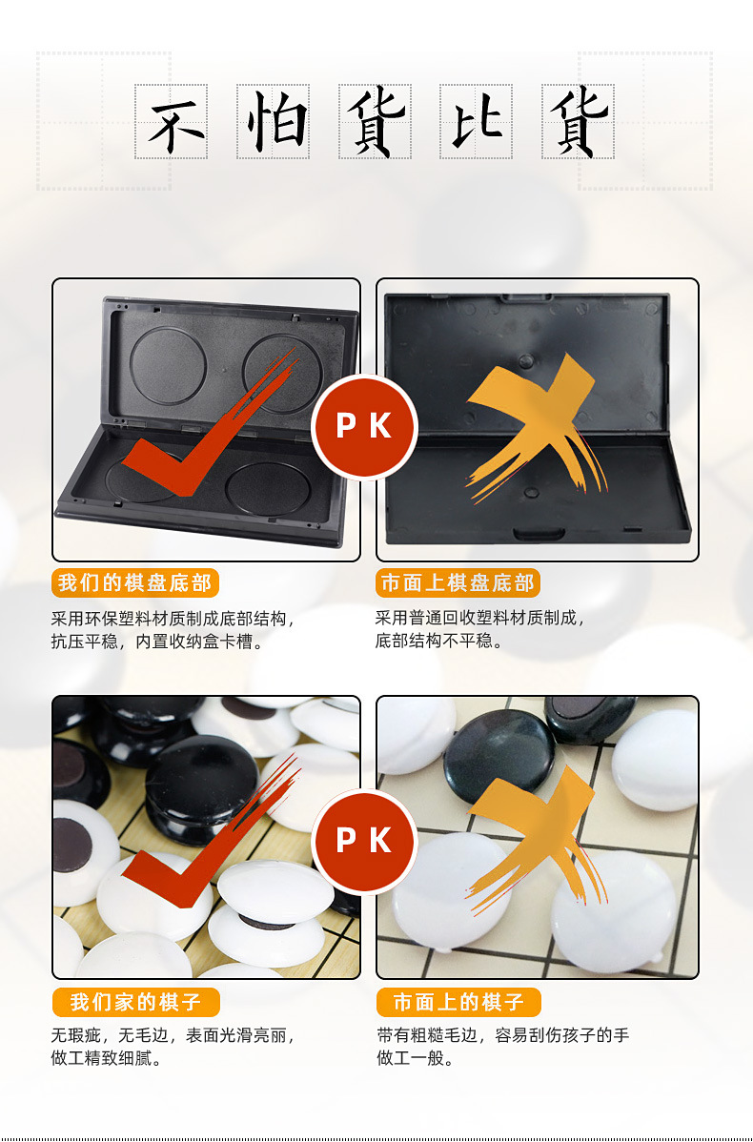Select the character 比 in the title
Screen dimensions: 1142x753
click(x=477, y=122)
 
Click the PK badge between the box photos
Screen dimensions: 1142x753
click(x=364, y=426)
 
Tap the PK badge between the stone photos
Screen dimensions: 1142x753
click(x=364, y=841)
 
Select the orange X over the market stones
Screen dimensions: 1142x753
click(x=534, y=839)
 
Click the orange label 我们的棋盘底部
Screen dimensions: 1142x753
click(x=135, y=583)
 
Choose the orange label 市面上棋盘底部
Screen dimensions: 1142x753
click(x=458, y=583)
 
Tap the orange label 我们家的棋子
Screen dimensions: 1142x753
click(x=135, y=1002)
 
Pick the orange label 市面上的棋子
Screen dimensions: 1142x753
click(x=458, y=1002)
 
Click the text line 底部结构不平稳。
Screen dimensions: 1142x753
click(x=439, y=641)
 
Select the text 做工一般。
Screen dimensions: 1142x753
click(x=416, y=1058)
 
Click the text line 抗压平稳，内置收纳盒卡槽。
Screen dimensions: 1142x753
click(x=157, y=641)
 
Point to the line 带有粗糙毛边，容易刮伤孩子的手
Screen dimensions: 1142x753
click(x=503, y=1034)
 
